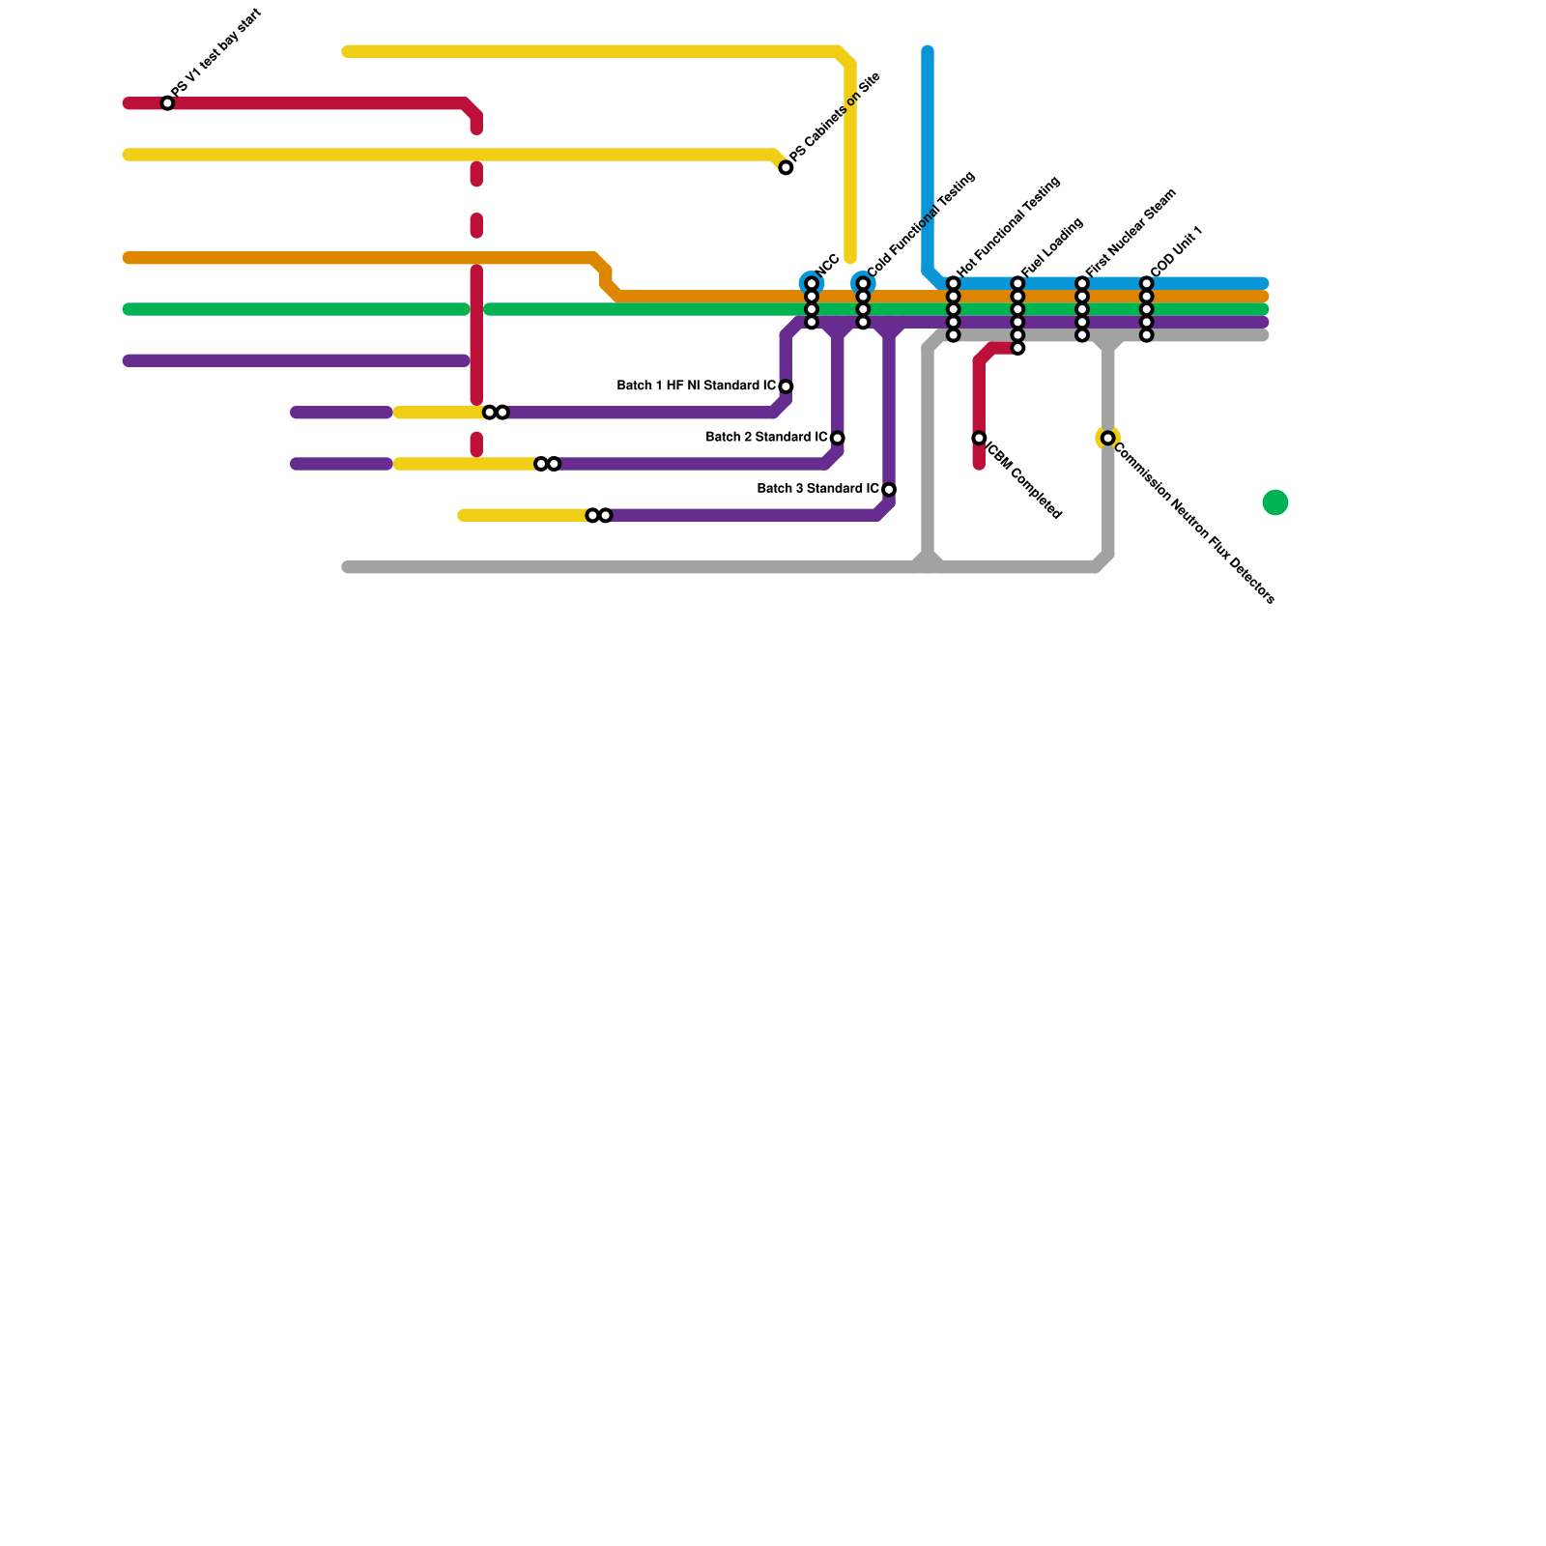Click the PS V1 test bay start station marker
coord(167,103)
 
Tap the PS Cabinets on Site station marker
coord(786,168)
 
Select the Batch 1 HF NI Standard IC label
coord(696,386)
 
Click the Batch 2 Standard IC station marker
coord(837,439)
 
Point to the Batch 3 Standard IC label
coord(817,489)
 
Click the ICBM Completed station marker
coord(979,439)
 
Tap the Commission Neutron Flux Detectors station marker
coord(1107,439)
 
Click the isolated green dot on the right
coord(1275,502)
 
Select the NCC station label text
coord(827,266)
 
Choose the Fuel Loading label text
coord(1052,247)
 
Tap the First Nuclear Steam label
coord(1130,232)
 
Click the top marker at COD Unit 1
coord(1146,284)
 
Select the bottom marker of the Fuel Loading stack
coord(1017,348)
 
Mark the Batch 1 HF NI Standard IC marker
coord(786,386)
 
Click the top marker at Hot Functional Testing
coord(953,284)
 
